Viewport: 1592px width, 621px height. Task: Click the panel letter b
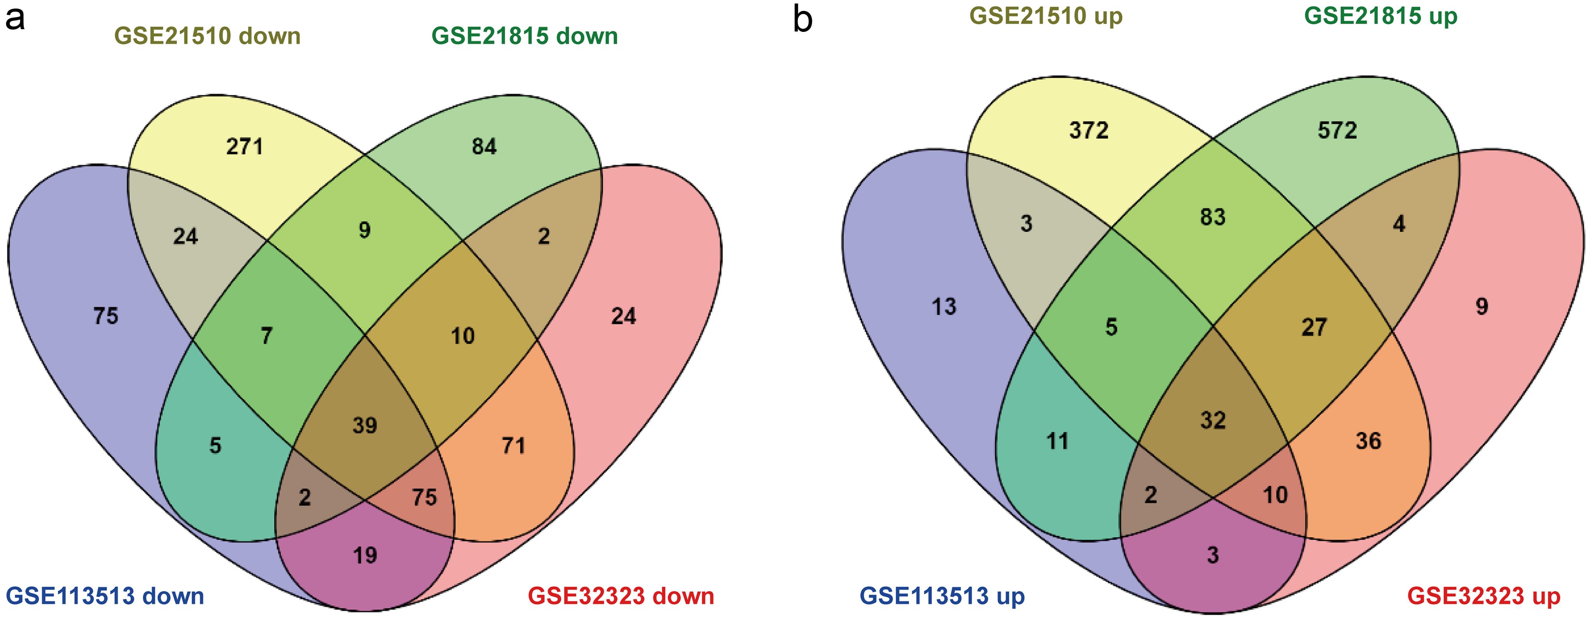802,20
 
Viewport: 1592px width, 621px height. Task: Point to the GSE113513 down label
105,596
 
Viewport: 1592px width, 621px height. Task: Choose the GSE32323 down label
621,596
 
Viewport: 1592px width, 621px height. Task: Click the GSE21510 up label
1046,16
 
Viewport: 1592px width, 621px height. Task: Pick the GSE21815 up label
1380,16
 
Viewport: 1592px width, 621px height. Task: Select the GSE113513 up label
943,596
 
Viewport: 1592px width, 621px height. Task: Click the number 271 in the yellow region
245,147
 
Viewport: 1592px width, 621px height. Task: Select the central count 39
365,425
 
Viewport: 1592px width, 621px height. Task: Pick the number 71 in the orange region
514,446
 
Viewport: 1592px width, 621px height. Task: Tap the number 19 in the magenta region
365,555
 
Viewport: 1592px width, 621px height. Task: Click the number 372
1089,130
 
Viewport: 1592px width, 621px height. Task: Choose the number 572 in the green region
1337,130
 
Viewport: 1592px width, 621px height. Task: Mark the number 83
1212,217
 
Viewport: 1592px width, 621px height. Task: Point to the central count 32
1212,420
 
